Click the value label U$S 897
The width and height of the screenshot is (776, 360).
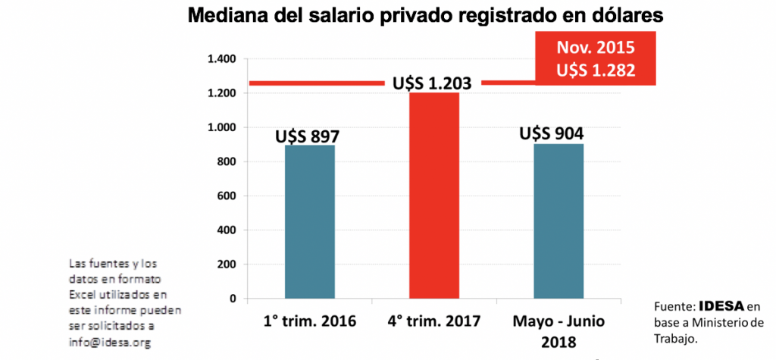click(307, 136)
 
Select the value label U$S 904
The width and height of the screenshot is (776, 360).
click(552, 134)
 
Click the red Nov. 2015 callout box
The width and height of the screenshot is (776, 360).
click(595, 58)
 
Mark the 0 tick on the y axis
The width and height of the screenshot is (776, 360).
click(234, 298)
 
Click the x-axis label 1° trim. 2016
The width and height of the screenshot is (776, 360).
click(309, 321)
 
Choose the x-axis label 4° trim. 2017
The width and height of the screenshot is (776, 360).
click(435, 321)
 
